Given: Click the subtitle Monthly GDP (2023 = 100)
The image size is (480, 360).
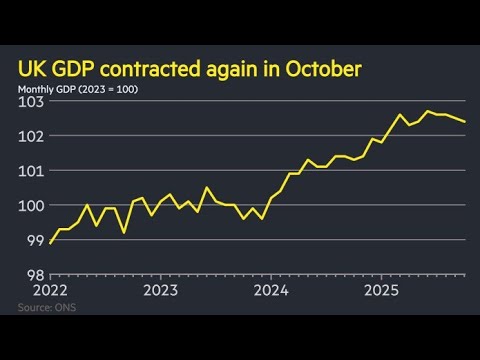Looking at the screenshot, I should click(x=77, y=91).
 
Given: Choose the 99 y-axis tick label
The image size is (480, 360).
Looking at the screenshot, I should click(x=34, y=241).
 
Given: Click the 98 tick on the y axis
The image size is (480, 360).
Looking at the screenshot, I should click(x=34, y=275).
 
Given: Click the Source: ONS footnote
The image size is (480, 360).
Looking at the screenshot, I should click(x=46, y=307).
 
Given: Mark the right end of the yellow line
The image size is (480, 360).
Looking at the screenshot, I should click(x=464, y=122).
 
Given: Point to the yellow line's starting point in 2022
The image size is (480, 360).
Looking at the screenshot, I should click(x=50, y=243).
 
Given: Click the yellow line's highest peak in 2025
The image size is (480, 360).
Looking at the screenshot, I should click(x=427, y=111).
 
